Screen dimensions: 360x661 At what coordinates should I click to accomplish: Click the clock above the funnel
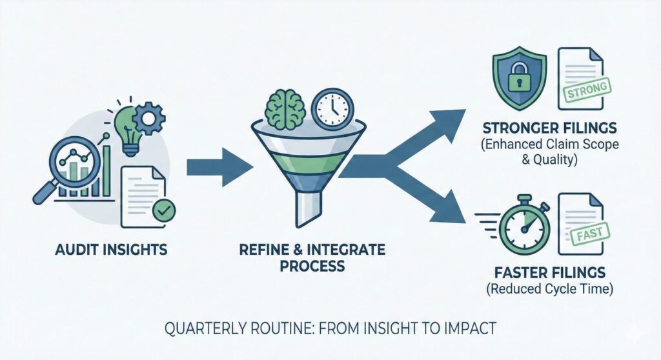click(332, 108)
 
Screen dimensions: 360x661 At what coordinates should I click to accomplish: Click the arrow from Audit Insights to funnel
click(219, 168)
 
